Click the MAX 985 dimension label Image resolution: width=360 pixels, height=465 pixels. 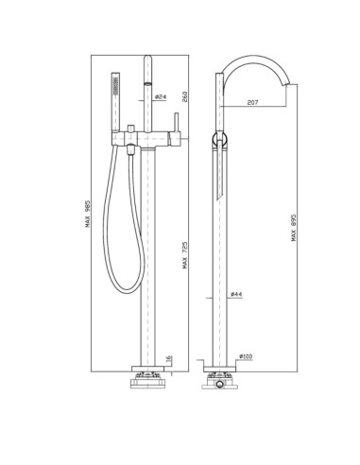point(88,214)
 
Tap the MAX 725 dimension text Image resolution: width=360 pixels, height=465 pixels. point(185,255)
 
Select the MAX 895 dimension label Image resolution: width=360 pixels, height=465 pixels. point(294,228)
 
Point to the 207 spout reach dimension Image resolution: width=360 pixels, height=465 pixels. point(252,102)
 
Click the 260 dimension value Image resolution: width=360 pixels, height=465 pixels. point(185,96)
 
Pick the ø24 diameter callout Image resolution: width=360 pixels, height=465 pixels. point(161,96)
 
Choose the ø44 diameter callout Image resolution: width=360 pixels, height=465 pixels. point(236,294)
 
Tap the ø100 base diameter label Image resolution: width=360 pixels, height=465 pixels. point(246,356)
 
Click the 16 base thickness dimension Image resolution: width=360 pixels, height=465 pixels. point(168,358)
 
